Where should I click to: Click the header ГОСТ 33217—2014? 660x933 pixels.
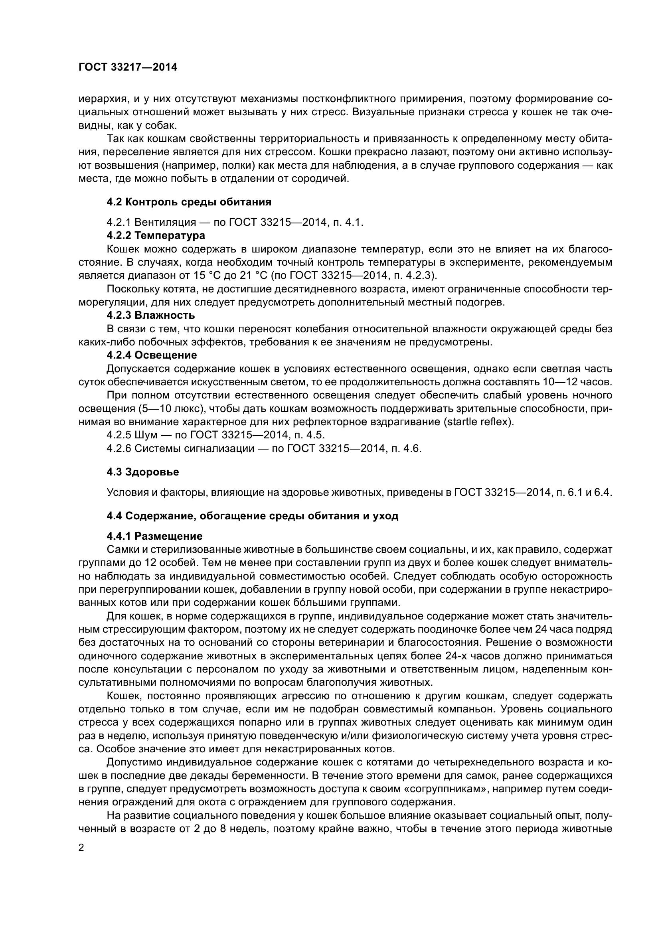click(x=128, y=67)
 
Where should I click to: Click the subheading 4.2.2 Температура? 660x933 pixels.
click(x=156, y=235)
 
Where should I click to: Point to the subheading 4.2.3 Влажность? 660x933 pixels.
click(x=151, y=315)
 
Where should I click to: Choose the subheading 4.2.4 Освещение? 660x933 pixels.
click(x=152, y=355)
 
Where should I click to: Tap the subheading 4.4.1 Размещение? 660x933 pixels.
click(x=154, y=536)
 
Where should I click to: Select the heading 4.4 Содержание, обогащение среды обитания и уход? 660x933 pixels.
click(x=252, y=516)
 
